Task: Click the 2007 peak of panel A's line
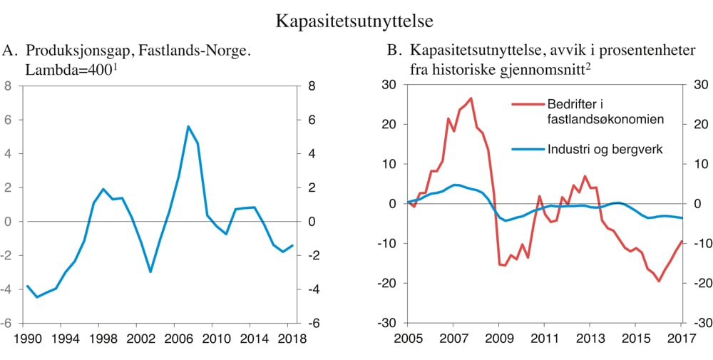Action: [x=188, y=126]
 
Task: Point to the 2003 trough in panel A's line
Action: [x=150, y=272]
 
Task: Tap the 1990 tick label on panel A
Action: [x=28, y=339]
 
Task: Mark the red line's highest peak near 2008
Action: [x=471, y=98]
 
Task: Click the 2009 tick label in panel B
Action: [x=498, y=339]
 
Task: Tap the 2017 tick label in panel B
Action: [x=679, y=339]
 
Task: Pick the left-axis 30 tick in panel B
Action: [x=389, y=85]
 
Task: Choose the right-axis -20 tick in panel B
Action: [x=701, y=283]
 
